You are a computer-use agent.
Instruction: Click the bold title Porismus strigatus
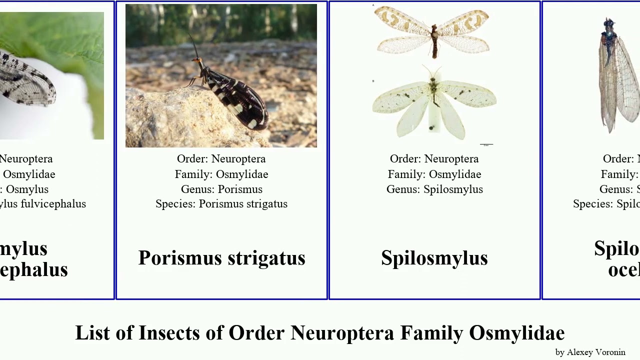tap(221, 258)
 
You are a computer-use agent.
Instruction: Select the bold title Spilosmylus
tap(434, 258)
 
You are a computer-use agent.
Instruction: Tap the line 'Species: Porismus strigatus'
tap(221, 204)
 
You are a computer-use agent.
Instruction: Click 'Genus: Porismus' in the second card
tap(221, 189)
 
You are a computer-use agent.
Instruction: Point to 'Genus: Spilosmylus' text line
tap(434, 189)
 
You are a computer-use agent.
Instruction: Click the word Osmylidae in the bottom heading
tap(516, 333)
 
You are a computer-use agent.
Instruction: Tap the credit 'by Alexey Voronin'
tap(590, 352)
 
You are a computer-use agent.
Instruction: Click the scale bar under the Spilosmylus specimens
tap(486, 144)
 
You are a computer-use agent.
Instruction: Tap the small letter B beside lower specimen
tap(373, 80)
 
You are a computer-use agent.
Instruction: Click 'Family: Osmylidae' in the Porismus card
tap(221, 174)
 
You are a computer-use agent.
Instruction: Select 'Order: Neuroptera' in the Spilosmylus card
tap(434, 159)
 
